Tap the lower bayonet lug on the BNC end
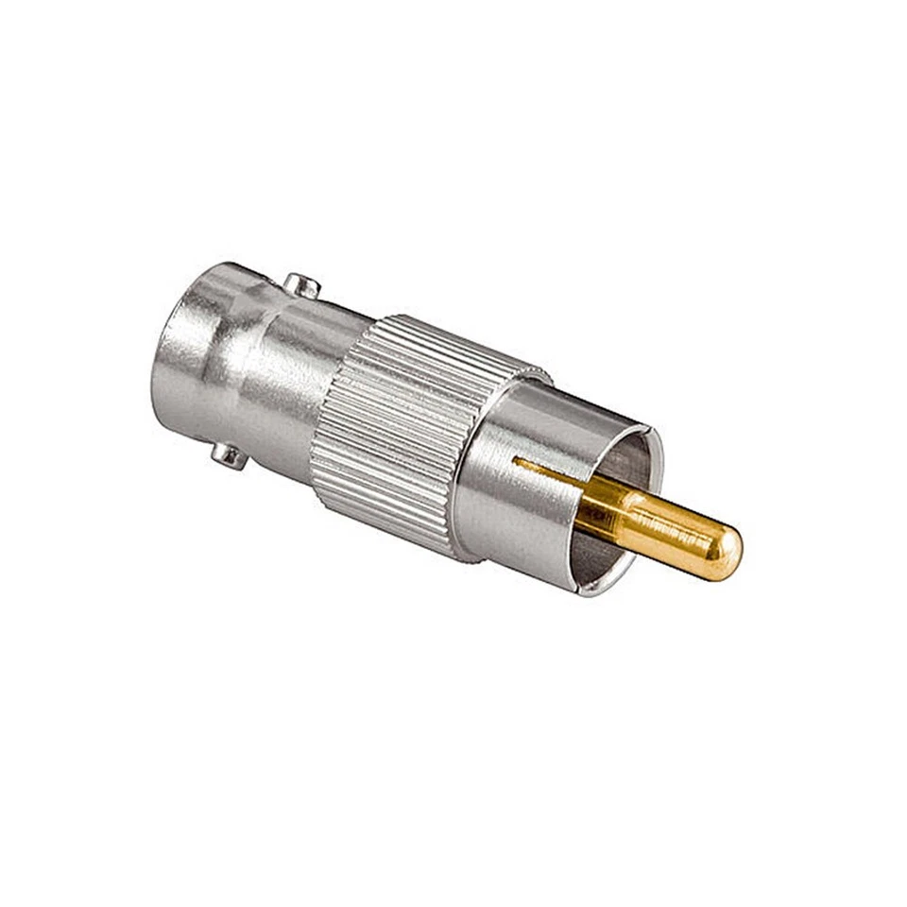(x=228, y=455)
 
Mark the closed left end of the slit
(x=515, y=461)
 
